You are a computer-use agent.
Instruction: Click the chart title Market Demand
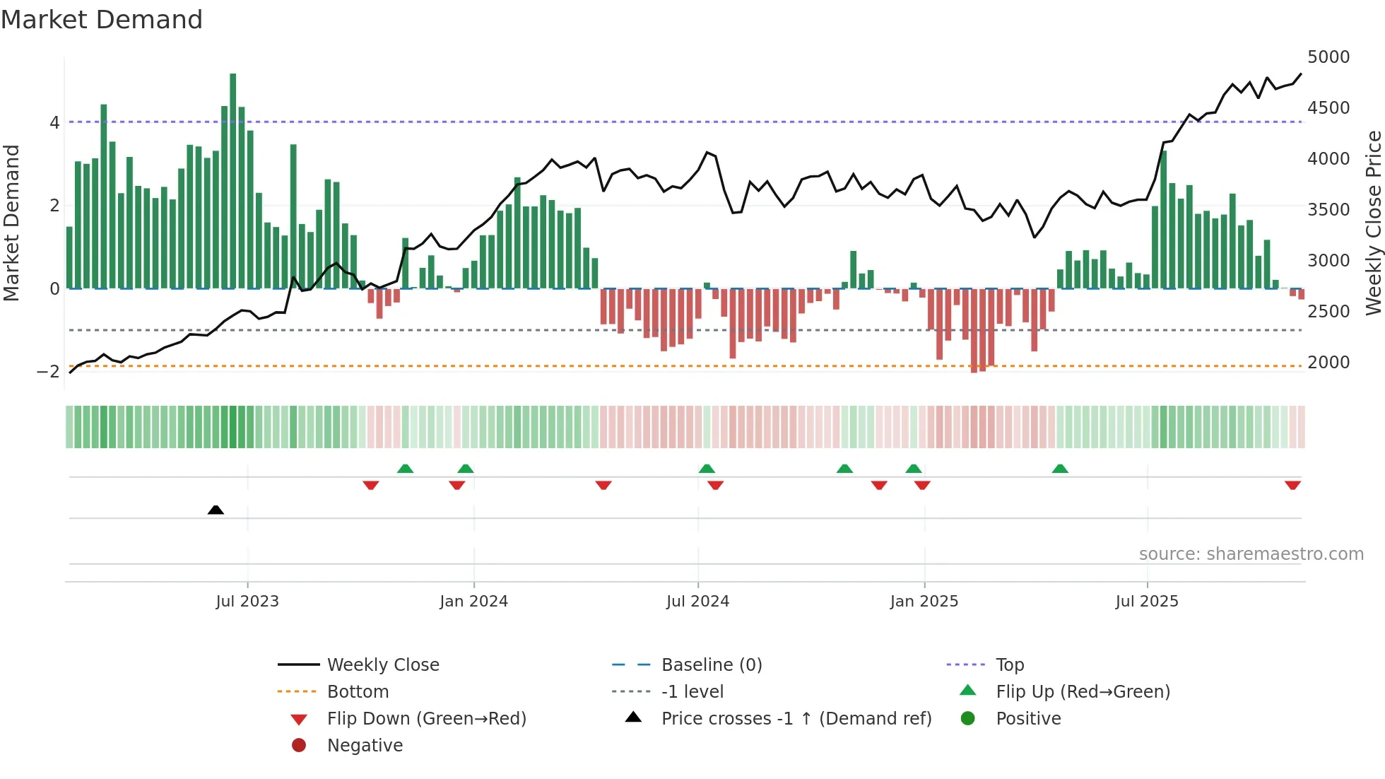pyautogui.click(x=102, y=20)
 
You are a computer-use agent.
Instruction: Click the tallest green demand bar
pyautogui.click(x=233, y=181)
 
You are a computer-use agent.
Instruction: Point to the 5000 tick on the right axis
pyautogui.click(x=1328, y=57)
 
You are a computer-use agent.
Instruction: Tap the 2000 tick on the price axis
pyautogui.click(x=1328, y=363)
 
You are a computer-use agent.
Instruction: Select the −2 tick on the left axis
pyautogui.click(x=48, y=372)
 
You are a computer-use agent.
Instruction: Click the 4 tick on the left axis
pyautogui.click(x=54, y=123)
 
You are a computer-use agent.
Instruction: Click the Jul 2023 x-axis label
pyautogui.click(x=247, y=602)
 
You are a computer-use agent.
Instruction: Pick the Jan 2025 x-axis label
pyautogui.click(x=924, y=602)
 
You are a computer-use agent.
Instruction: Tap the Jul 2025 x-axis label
pyautogui.click(x=1146, y=602)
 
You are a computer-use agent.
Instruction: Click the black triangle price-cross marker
pyautogui.click(x=216, y=510)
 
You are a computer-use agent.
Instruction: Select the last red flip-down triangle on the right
pyautogui.click(x=1292, y=485)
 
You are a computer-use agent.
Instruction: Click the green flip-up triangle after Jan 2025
pyautogui.click(x=1060, y=469)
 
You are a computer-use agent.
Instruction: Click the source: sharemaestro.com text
pyautogui.click(x=1251, y=554)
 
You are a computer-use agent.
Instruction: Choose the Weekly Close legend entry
pyautogui.click(x=382, y=665)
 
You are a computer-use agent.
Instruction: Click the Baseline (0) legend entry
pyautogui.click(x=711, y=665)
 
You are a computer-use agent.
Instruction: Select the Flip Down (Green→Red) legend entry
pyautogui.click(x=426, y=719)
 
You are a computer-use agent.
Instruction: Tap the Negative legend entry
pyautogui.click(x=365, y=746)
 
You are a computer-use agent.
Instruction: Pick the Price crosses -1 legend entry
pyautogui.click(x=796, y=719)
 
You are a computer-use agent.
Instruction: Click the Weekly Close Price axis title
pyautogui.click(x=1373, y=223)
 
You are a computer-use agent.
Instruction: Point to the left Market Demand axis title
pyautogui.click(x=12, y=223)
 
